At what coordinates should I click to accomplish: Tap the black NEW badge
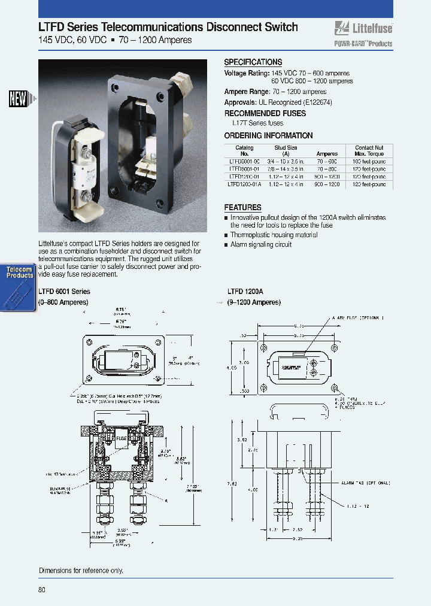pyautogui.click(x=18, y=99)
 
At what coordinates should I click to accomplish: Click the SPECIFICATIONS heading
pyautogui.click(x=253, y=62)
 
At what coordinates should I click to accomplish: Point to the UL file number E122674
pyautogui.click(x=313, y=102)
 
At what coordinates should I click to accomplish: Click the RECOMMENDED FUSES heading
pyautogui.click(x=264, y=113)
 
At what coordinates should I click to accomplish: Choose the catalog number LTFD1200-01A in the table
pyautogui.click(x=245, y=185)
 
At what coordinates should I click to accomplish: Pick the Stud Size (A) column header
pyautogui.click(x=285, y=150)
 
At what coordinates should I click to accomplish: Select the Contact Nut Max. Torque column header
pyautogui.click(x=369, y=150)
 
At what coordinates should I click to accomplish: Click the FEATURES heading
pyautogui.click(x=242, y=207)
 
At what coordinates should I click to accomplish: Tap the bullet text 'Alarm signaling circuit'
pyautogui.click(x=261, y=244)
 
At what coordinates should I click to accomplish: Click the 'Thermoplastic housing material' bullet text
pyautogui.click(x=274, y=235)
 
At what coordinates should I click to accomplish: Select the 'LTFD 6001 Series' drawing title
pyautogui.click(x=64, y=291)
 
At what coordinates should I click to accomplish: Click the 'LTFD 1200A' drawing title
pyautogui.click(x=245, y=291)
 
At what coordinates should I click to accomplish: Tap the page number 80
pyautogui.click(x=41, y=590)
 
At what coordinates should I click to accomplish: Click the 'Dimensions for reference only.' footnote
pyautogui.click(x=81, y=571)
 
